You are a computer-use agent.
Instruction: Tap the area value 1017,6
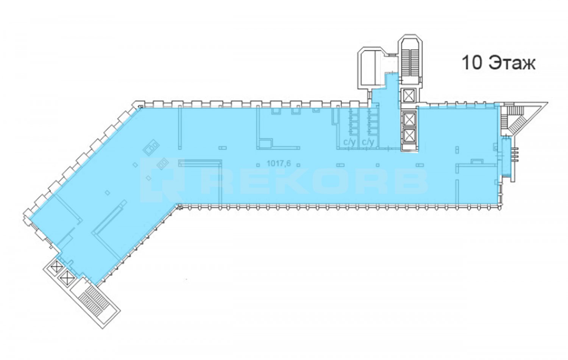278,164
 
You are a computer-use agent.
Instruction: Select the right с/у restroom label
368,142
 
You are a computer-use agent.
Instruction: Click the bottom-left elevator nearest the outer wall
56,267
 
